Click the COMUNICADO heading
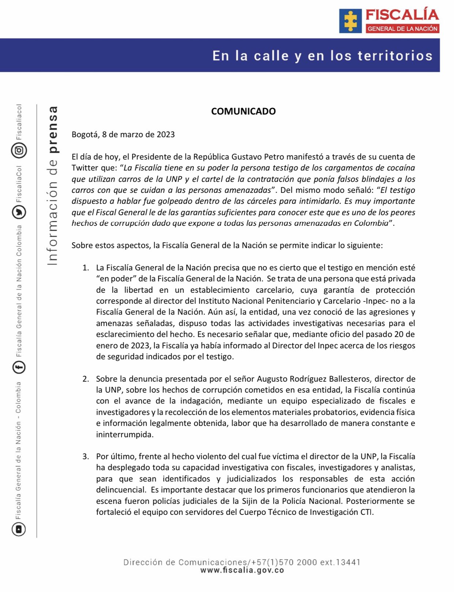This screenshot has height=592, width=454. point(243,111)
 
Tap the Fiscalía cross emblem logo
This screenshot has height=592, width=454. point(350,21)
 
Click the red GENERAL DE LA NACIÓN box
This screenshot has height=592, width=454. point(402,29)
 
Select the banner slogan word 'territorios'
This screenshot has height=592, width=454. point(395,56)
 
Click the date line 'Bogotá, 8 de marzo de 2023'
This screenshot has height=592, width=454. point(123,134)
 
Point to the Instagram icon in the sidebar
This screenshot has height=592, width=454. point(19,150)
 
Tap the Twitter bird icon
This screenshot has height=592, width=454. point(19,212)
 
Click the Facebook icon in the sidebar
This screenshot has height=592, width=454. point(19,367)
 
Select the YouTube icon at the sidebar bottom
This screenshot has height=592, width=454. point(19,529)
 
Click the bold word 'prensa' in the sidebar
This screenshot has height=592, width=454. point(53,130)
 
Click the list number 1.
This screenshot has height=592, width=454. point(86,268)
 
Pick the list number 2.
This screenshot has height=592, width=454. point(86,379)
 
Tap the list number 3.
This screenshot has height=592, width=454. point(86,457)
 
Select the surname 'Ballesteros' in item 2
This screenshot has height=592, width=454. point(349,379)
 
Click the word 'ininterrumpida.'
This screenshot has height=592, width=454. point(125,435)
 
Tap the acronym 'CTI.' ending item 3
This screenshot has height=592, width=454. point(367,512)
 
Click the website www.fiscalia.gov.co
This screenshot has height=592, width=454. point(242,570)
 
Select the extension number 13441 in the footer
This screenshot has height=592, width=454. point(348,562)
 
